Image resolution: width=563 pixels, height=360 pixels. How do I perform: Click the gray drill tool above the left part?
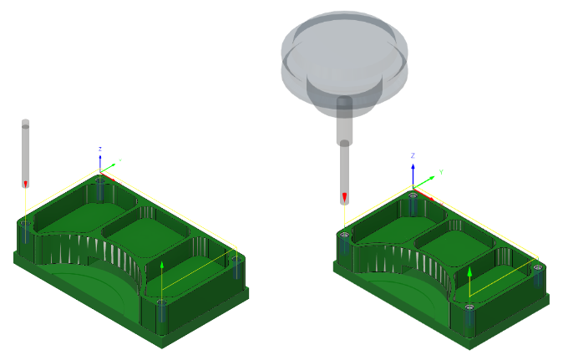25,150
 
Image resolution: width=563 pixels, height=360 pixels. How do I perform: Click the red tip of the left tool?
25,183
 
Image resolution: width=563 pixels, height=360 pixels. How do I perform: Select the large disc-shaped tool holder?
344,50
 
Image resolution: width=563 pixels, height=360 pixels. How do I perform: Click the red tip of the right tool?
344,198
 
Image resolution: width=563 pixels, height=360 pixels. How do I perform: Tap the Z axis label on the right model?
413,156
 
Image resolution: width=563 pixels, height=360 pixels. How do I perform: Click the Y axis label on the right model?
440,172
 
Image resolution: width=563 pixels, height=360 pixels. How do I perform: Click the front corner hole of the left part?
160,303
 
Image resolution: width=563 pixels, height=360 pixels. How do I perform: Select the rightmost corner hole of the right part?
537,268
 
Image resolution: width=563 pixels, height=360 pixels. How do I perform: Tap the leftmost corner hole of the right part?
343,235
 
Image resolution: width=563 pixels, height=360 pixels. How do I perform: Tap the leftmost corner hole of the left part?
26,224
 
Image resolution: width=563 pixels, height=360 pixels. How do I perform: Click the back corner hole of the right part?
412,195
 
